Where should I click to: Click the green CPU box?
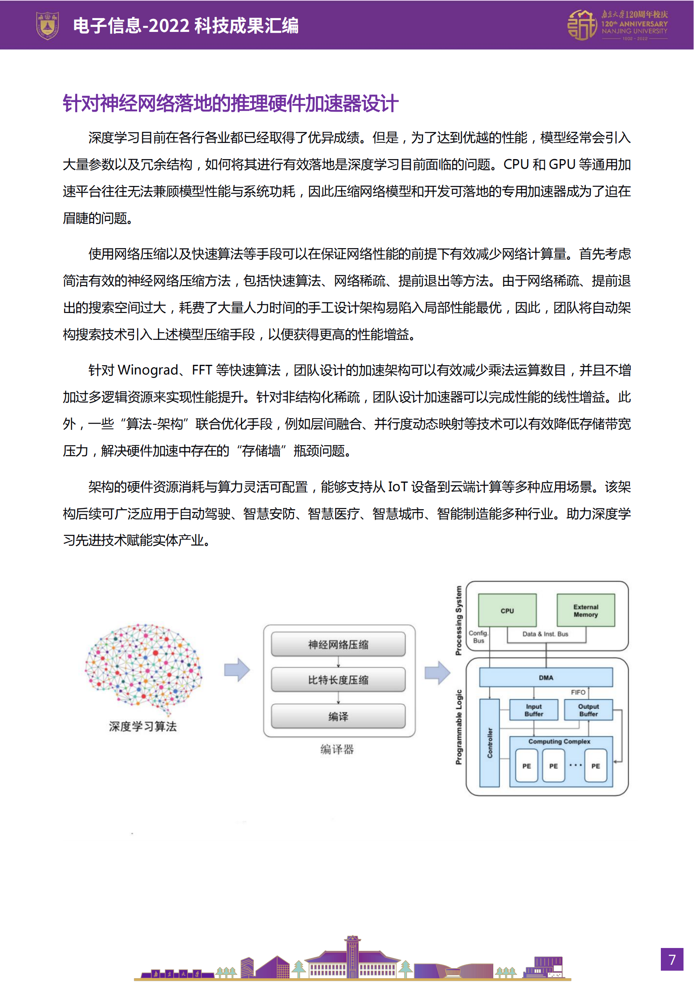tap(507, 610)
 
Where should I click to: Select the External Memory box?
tap(585, 610)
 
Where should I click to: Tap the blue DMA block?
tap(546, 678)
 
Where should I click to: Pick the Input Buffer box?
tap(534, 710)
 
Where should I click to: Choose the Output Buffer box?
tap(588, 710)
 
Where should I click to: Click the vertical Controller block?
tap(490, 743)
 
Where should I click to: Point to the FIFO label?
tap(578, 692)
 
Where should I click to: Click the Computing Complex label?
tap(559, 741)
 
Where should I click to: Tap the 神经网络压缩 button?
tap(338, 644)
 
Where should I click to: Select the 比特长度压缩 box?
tap(338, 680)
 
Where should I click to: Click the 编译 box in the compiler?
tap(338, 716)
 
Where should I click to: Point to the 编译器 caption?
tap(337, 749)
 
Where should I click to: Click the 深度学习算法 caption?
tap(143, 726)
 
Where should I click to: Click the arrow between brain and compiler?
tap(237, 670)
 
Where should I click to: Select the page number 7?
tap(672, 959)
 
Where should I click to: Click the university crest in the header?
tap(47, 25)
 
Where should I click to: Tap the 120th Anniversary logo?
tap(617, 25)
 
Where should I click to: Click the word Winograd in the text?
tap(148, 370)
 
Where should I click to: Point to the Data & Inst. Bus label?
tap(545, 634)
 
